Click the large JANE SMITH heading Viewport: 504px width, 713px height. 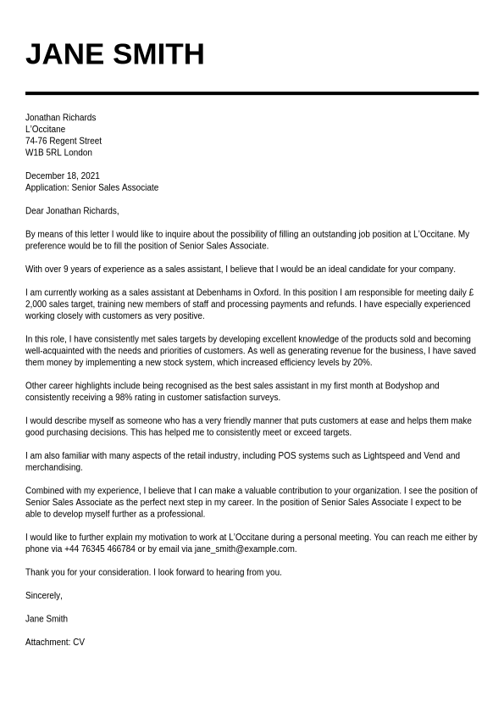click(x=114, y=54)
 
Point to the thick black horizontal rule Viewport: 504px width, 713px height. click(x=252, y=93)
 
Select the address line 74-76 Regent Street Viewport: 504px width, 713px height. click(x=64, y=141)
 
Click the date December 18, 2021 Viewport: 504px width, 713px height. click(x=63, y=175)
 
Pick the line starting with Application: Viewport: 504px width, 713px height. click(x=91, y=187)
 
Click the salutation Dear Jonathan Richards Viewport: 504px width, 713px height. click(x=72, y=210)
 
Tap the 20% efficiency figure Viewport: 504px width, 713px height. click(x=363, y=362)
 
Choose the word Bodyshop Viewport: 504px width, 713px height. click(x=404, y=385)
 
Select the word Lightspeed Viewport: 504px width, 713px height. click(x=382, y=455)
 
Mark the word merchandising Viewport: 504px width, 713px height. click(x=54, y=467)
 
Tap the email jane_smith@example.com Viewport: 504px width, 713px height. click(x=245, y=549)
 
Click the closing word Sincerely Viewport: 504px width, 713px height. click(x=43, y=595)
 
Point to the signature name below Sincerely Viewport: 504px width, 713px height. click(x=47, y=619)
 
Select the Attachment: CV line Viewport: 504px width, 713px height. click(x=55, y=642)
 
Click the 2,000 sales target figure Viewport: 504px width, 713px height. click(x=36, y=304)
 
